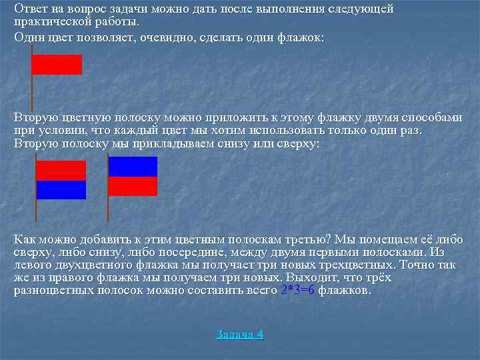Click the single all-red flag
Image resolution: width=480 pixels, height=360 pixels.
pos(57,64)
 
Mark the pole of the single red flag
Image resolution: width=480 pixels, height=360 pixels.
pos(31,87)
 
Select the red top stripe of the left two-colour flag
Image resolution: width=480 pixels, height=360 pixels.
pos(61,171)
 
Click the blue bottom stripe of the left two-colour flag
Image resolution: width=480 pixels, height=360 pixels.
pos(61,190)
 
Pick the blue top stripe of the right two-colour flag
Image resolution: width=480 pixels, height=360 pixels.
pos(133,167)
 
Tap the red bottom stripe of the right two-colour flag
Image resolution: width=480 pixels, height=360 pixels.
pos(133,186)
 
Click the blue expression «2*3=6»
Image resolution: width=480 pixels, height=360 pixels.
pos(297,291)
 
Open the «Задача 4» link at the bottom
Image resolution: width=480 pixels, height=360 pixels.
pos(240,335)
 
